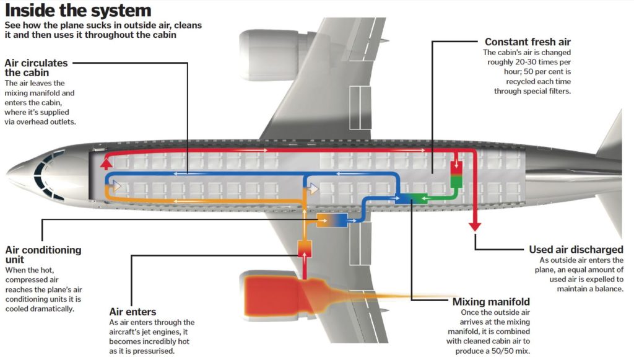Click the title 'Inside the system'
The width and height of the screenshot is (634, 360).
coord(78,11)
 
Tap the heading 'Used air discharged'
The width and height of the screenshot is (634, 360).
coord(576,250)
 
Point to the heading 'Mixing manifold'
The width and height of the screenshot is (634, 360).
coord(490,302)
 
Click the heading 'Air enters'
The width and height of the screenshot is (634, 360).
coord(132,312)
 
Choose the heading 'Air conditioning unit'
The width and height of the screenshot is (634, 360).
coord(43,255)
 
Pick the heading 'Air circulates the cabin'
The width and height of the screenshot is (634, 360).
coord(36,68)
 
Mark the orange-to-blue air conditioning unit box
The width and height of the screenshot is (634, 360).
coord(332,219)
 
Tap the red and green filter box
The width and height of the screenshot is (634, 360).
coord(456,174)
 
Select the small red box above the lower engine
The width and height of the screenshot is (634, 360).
coord(305,249)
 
